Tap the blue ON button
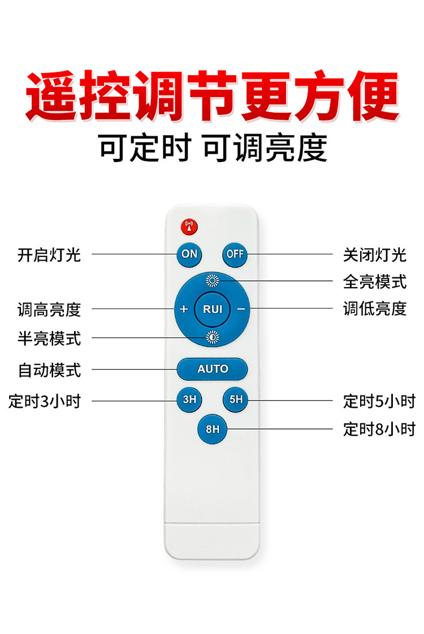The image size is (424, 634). coord(189,254)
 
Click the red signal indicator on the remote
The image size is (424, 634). coord(189,227)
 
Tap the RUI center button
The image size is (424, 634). coord(213,309)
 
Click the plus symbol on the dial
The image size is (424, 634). coord(184,309)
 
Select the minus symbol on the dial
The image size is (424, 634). coord(241,309)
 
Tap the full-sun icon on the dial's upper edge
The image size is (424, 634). coord(213,280)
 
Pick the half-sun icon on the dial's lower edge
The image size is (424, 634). coord(213,337)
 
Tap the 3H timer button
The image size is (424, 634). coord(189,399)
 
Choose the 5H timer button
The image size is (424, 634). coord(236,399)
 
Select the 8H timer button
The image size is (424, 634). coord(213,429)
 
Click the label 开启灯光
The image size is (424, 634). coord(49,255)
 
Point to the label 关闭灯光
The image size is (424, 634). coord(375,255)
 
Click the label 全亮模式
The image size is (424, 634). coord(375,282)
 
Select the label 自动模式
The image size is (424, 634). coord(49,370)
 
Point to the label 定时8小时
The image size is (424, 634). coord(379,429)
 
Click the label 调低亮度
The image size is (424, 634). coord(375,309)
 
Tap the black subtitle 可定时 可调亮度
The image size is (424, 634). coord(213,148)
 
